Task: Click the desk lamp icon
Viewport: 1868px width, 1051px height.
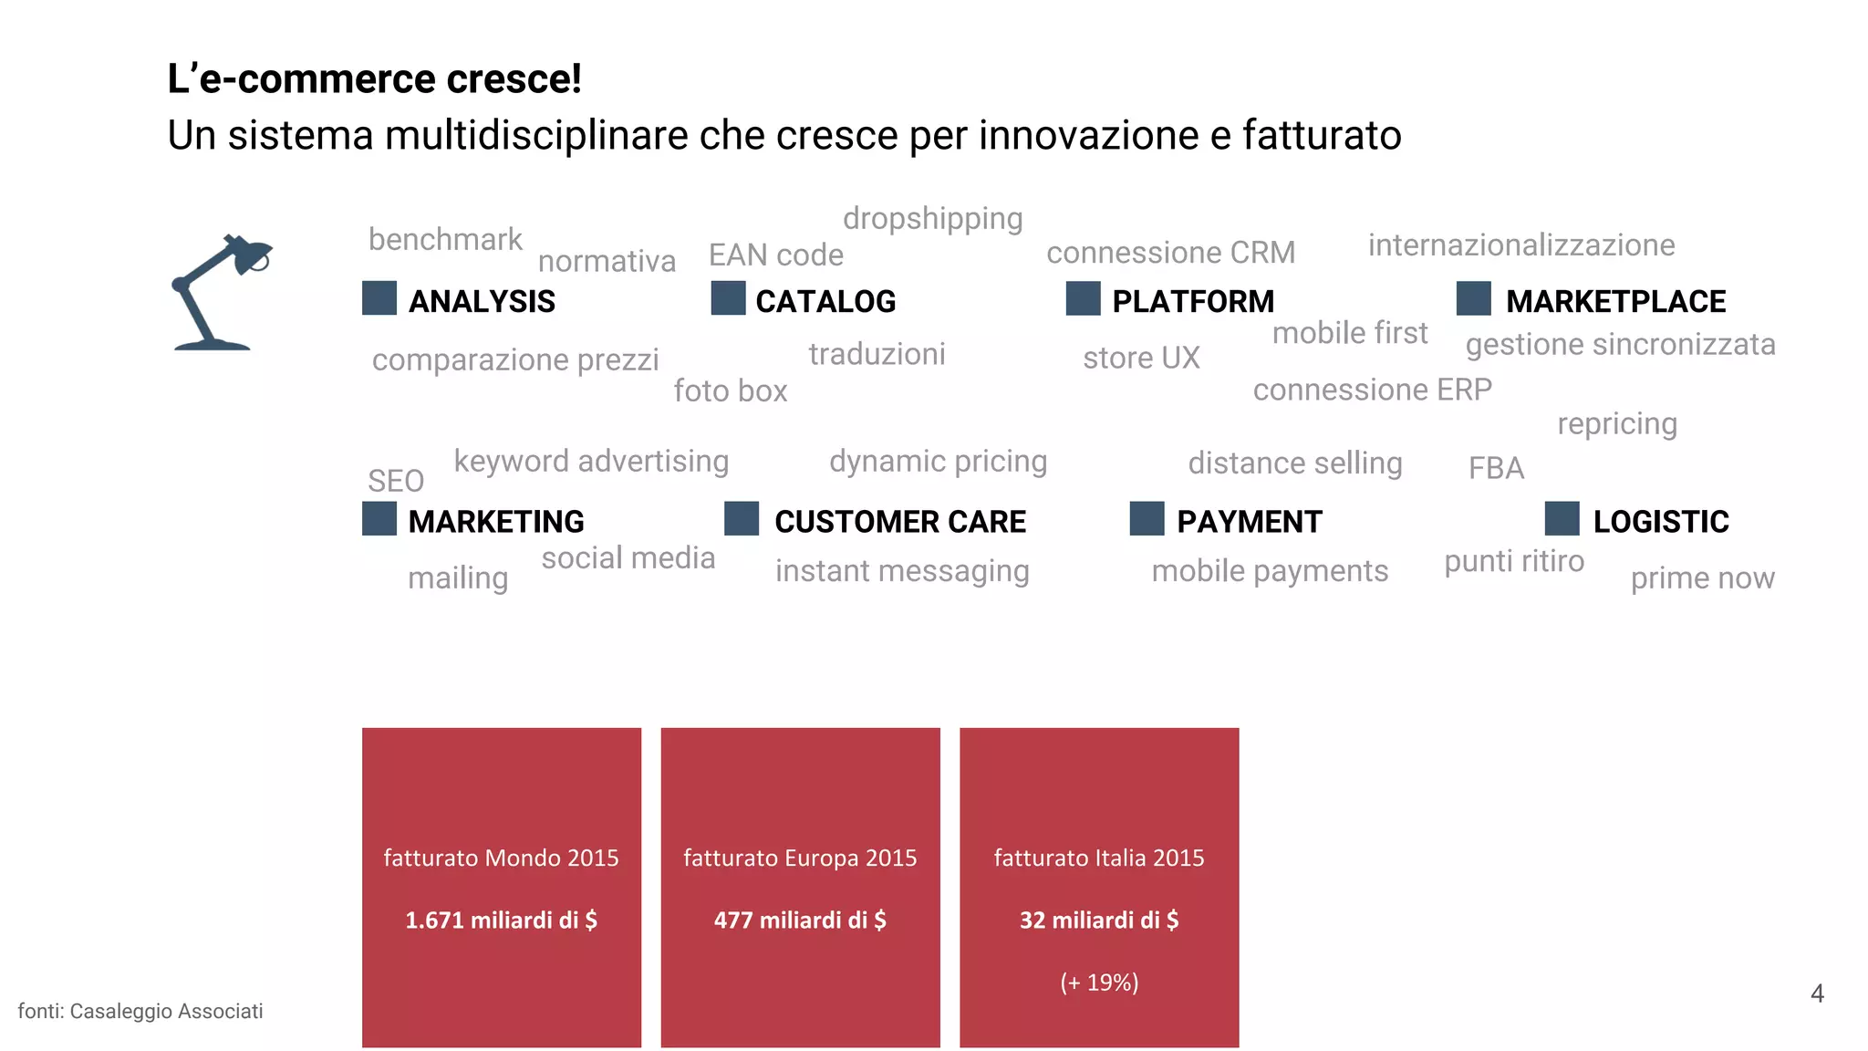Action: click(x=219, y=294)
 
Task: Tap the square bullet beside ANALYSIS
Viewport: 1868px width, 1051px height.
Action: click(x=379, y=298)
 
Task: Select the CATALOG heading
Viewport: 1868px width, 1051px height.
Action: click(x=825, y=301)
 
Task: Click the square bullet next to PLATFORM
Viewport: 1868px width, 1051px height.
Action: click(x=1083, y=298)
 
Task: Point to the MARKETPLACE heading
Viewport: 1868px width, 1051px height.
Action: click(x=1615, y=301)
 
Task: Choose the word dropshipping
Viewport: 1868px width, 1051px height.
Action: click(x=932, y=219)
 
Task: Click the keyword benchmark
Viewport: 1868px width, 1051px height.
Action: click(x=445, y=240)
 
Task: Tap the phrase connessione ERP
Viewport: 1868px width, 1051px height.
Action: click(x=1372, y=390)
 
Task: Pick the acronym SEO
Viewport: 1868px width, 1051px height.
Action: click(x=396, y=481)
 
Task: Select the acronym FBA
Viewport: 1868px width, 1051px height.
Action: click(x=1496, y=468)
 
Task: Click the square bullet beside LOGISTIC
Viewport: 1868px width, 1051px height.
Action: click(x=1562, y=518)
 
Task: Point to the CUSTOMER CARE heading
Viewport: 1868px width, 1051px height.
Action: click(x=900, y=522)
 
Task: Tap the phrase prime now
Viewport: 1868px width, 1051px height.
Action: click(x=1702, y=578)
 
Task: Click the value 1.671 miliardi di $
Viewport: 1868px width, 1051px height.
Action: click(x=501, y=920)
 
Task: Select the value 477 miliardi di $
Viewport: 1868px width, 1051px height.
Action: click(x=800, y=920)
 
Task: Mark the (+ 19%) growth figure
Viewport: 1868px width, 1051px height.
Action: click(x=1099, y=983)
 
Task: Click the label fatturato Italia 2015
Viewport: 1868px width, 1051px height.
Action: click(x=1099, y=858)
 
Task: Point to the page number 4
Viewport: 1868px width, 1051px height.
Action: click(x=1817, y=994)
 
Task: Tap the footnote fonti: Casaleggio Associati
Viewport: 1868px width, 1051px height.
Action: click(x=140, y=1011)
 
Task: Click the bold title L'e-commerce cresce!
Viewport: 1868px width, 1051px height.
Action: click(x=374, y=79)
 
